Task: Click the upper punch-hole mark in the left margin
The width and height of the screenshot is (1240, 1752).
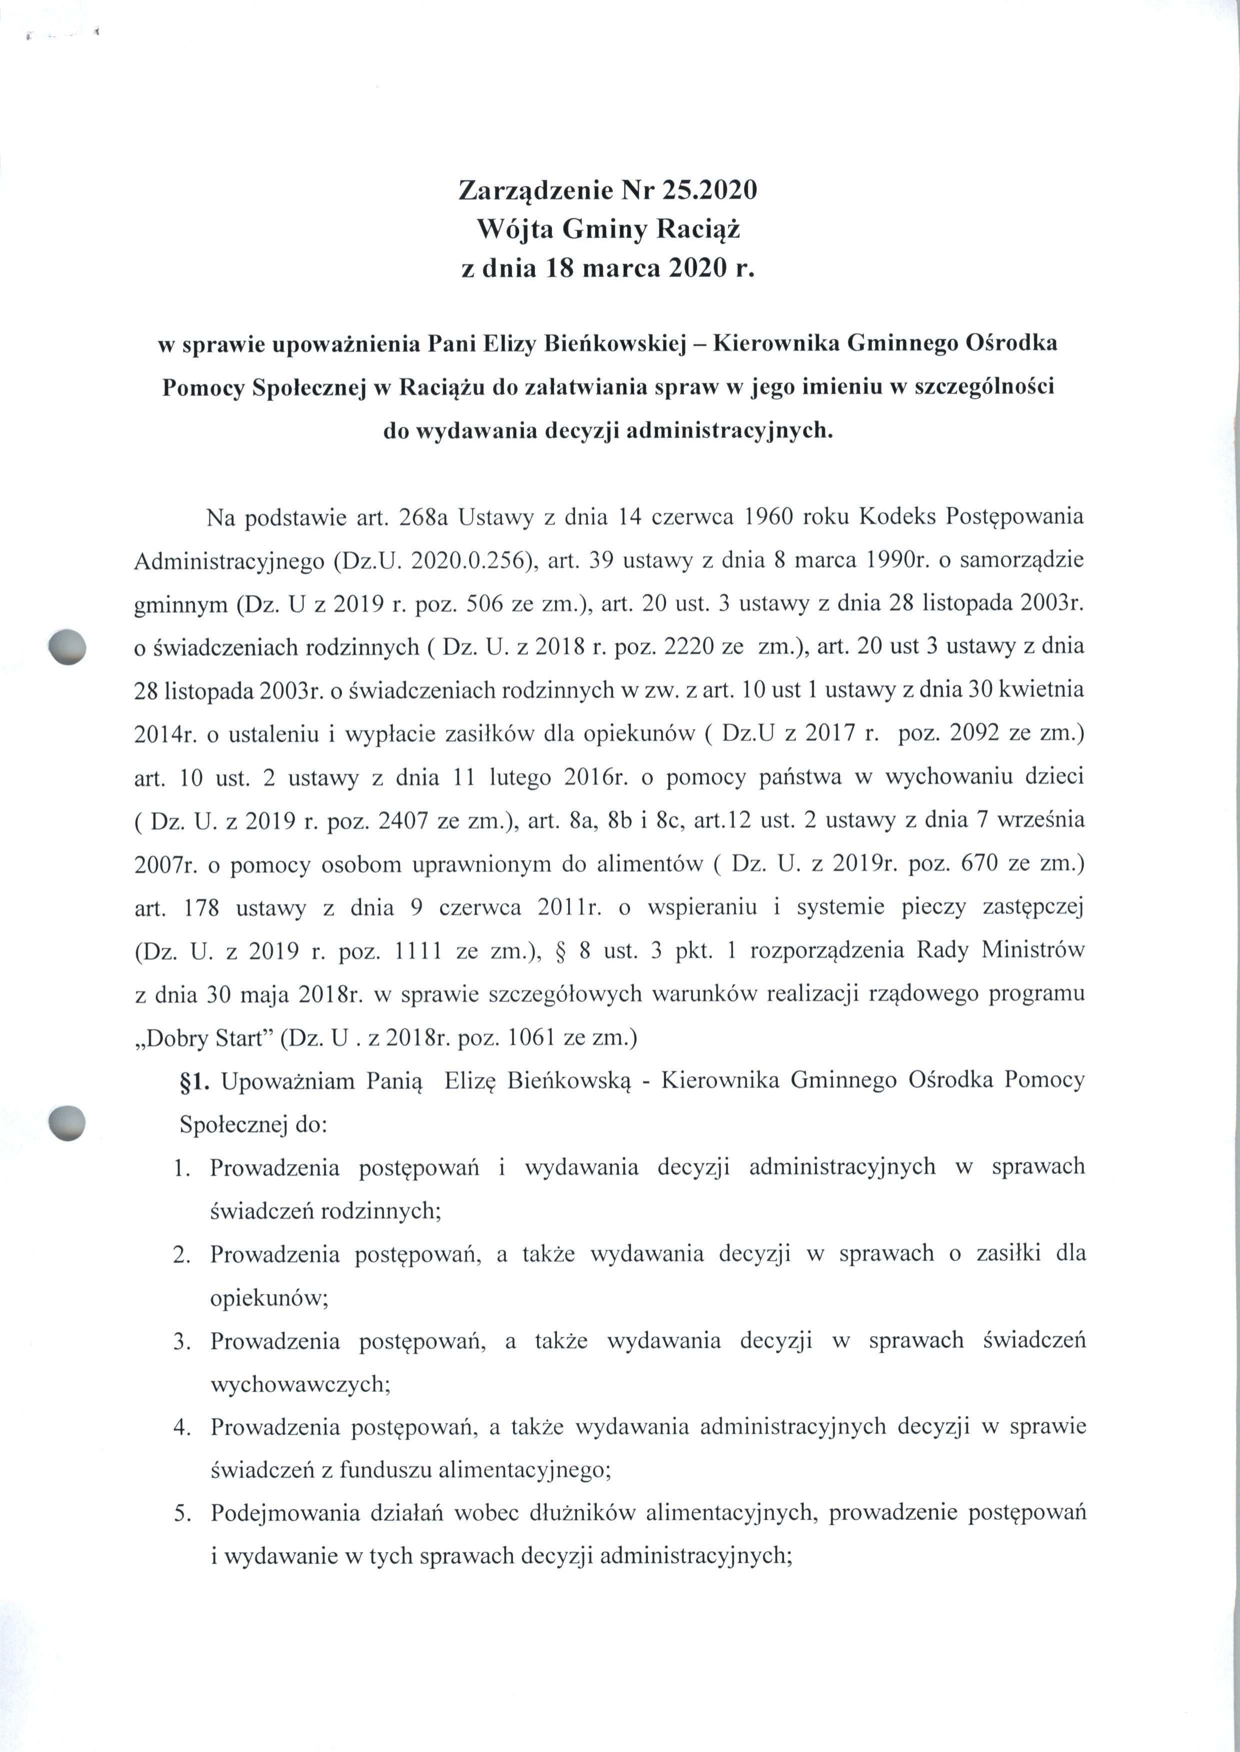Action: tap(66, 646)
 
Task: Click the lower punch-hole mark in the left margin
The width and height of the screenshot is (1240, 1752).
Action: tap(66, 1122)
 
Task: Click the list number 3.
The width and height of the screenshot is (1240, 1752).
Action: tap(181, 1341)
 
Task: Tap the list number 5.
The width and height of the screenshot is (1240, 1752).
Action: tap(181, 1513)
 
